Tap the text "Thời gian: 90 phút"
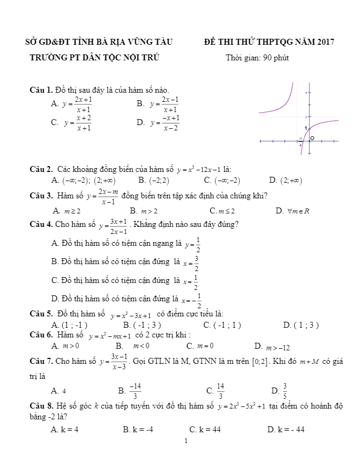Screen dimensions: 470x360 point(257,58)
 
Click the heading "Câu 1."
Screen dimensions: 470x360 point(40,89)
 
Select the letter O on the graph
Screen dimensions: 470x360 point(311,139)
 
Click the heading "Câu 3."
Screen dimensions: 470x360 point(40,196)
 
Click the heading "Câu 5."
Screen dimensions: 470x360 point(40,314)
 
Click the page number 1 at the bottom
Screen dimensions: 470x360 point(185,441)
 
